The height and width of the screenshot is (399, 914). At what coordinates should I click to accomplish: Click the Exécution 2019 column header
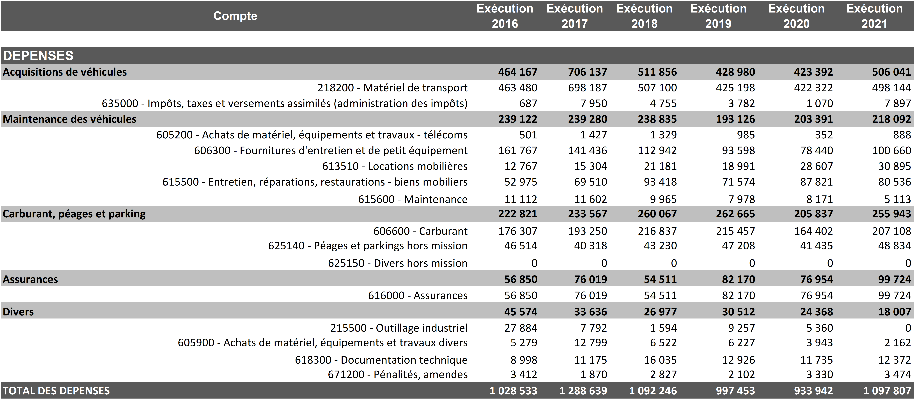718,16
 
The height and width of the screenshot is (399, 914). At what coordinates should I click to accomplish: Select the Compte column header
235,16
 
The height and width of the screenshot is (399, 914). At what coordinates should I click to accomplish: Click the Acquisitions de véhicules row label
65,72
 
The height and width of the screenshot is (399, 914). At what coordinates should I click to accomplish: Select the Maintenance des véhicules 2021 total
891,119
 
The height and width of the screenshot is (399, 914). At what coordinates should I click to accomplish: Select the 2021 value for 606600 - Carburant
891,231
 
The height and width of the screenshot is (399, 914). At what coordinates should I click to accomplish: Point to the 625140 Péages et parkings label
368,246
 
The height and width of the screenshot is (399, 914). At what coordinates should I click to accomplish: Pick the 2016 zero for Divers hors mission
534,263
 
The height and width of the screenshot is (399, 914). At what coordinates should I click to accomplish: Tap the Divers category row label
18,312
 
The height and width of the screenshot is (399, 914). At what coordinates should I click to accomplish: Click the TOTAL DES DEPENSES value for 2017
583,391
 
